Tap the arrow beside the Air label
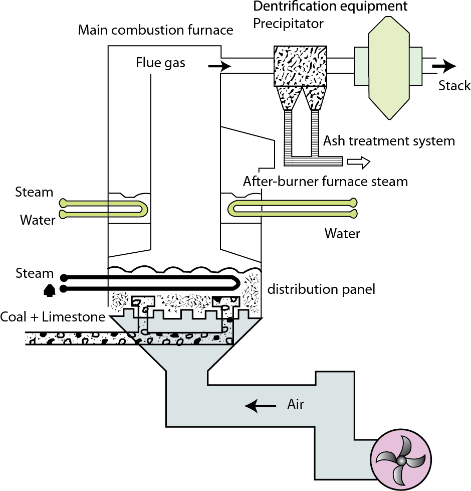click(x=260, y=406)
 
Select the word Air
click(x=296, y=404)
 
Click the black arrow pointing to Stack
click(x=444, y=66)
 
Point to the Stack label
click(x=454, y=86)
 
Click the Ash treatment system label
click(x=389, y=141)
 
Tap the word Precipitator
click(x=288, y=23)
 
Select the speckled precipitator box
click(x=301, y=66)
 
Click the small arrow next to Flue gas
click(x=219, y=66)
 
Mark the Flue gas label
click(x=160, y=63)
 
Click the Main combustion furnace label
click(x=155, y=30)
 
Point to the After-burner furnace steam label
click(x=325, y=181)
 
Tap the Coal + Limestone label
click(x=52, y=317)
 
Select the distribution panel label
click(x=321, y=289)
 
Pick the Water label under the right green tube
click(x=342, y=233)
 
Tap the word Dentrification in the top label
click(x=291, y=7)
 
